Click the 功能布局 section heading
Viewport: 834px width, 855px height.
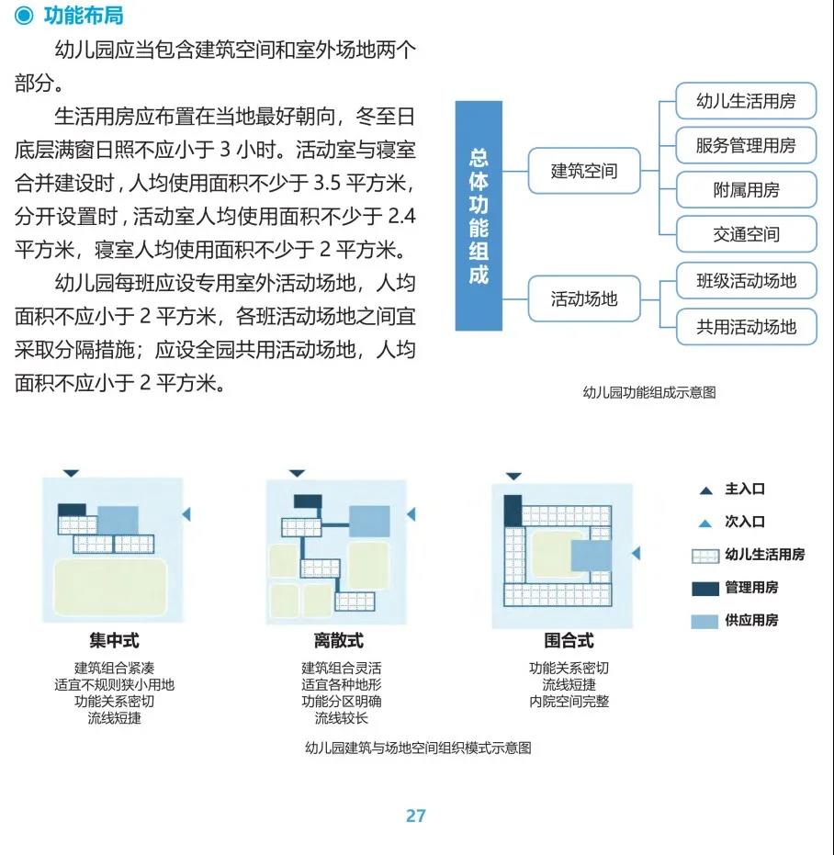84,16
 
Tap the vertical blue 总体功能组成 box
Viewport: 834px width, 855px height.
479,216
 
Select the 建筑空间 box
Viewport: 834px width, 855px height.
583,171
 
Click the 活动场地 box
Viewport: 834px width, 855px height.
583,298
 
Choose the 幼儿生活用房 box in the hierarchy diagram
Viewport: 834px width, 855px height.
746,101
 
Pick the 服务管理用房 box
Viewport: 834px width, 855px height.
746,146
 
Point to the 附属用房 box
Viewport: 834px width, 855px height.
746,190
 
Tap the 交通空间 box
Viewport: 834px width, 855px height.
746,234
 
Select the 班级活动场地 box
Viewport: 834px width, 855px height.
746,280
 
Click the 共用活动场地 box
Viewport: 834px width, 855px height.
746,327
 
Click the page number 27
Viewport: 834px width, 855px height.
416,816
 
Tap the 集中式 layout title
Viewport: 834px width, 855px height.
114,640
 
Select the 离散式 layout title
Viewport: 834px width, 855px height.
339,640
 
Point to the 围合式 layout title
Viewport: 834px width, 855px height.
569,640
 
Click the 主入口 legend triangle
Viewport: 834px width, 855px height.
705,490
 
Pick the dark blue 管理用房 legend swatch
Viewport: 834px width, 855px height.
705,589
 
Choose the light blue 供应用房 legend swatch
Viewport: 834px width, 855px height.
704,622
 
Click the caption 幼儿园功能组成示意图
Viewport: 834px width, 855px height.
649,393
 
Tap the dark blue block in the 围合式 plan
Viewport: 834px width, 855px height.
513,511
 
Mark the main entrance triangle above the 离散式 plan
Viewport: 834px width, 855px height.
297,473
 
